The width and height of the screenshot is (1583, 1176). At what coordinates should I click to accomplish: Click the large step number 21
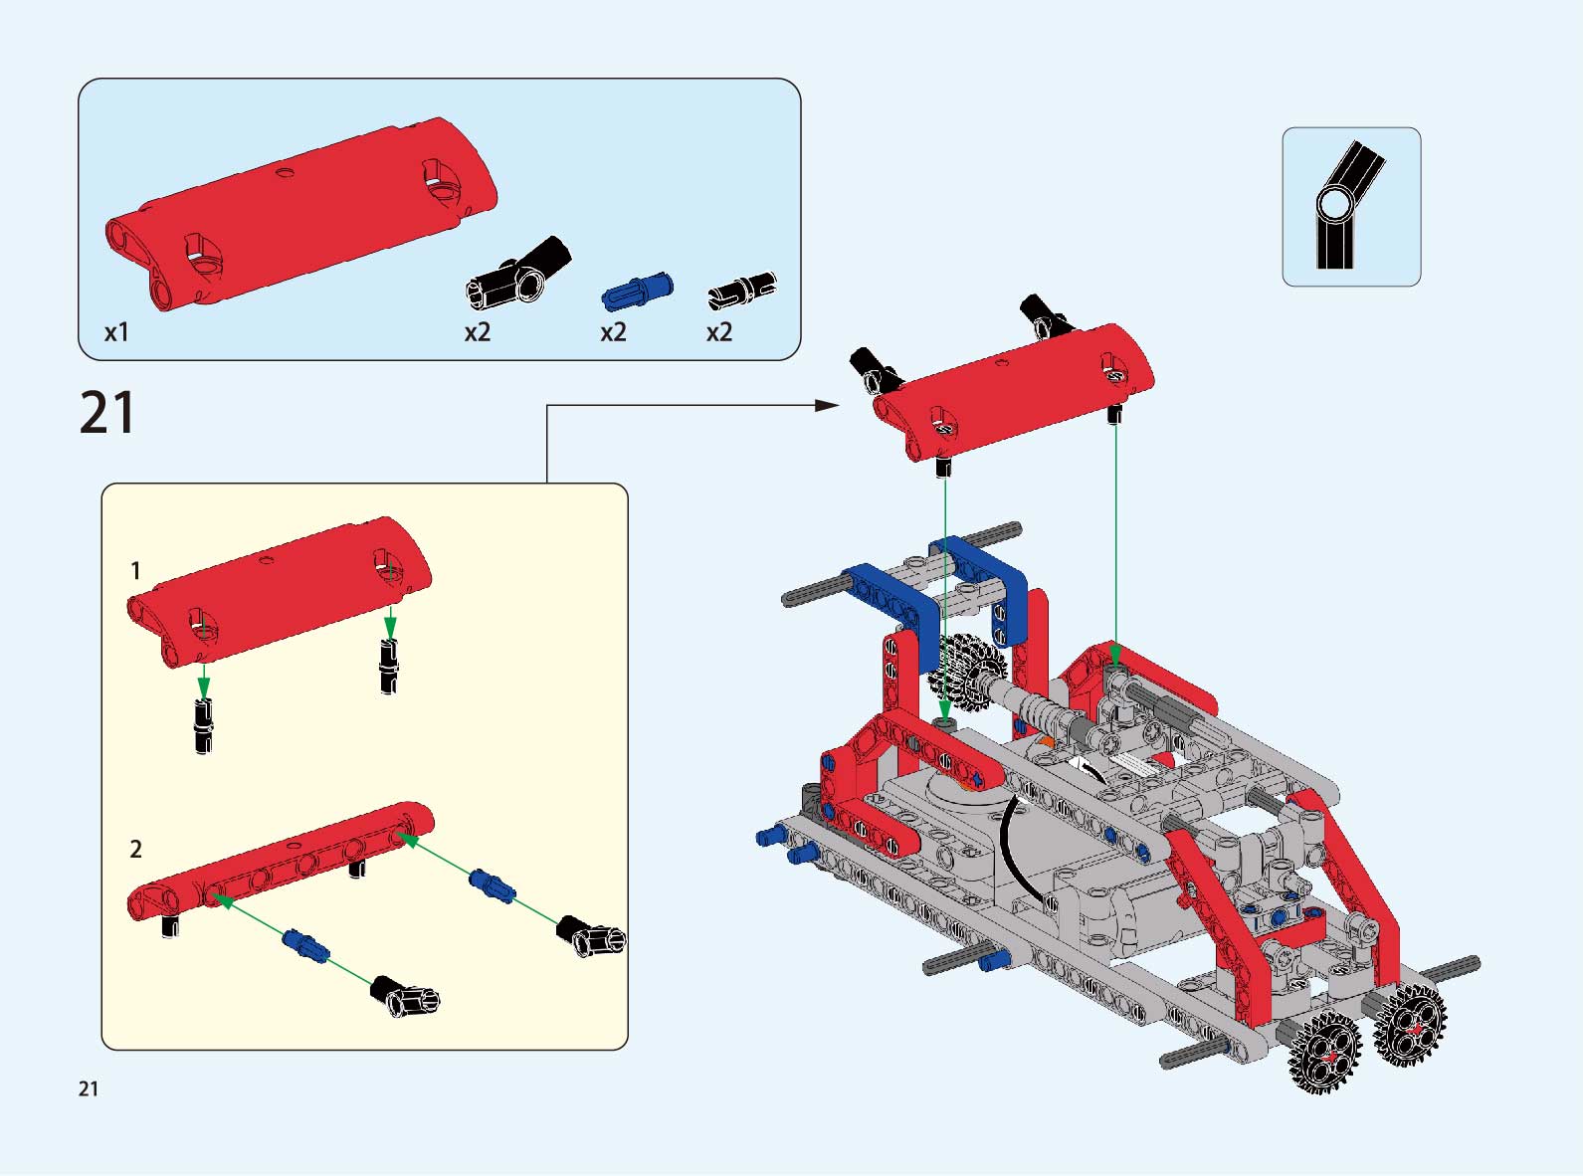coord(107,413)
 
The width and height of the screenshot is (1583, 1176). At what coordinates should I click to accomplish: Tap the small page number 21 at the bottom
coord(89,1088)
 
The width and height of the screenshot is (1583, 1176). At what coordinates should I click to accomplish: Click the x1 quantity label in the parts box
coord(116,332)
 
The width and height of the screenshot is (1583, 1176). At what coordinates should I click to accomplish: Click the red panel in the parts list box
coord(301,214)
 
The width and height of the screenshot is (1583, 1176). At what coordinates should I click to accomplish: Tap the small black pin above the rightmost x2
coord(742,290)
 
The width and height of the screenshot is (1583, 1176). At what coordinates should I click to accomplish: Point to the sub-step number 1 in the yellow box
coord(135,570)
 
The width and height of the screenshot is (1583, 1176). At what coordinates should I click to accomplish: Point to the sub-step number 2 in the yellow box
coord(135,849)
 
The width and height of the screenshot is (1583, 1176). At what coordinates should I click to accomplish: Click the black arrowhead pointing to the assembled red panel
coord(827,405)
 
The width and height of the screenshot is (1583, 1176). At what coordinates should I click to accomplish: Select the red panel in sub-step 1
coord(279,592)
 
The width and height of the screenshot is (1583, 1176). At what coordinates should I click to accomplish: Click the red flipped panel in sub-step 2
coord(281,862)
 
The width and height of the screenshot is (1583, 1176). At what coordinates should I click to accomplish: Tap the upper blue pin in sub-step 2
coord(492,886)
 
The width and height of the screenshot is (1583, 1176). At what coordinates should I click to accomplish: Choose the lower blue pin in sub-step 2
coord(306,946)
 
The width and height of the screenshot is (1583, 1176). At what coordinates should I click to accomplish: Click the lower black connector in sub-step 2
coord(405,995)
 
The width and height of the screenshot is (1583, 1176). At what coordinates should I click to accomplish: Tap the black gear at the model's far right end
coord(1410,1025)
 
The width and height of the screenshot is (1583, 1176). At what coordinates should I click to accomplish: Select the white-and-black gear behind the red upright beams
coord(965,672)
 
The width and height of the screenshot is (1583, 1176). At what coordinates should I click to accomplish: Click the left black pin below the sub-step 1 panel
coord(203,726)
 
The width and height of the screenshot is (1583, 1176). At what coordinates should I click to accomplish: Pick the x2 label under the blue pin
coord(613,332)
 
